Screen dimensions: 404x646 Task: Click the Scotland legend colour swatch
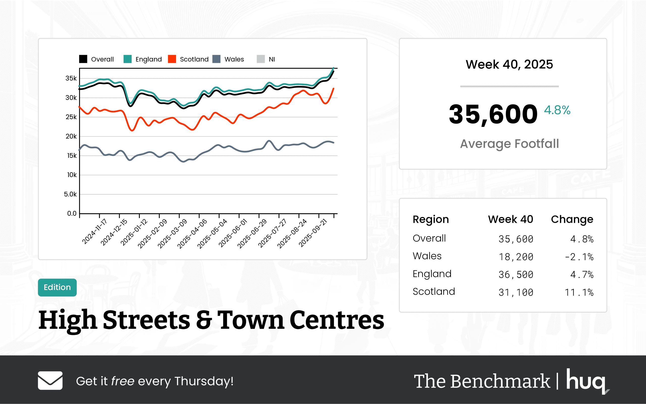[x=172, y=59]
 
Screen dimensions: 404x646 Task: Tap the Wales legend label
[x=234, y=59]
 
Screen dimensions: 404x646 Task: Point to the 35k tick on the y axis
[x=71, y=78]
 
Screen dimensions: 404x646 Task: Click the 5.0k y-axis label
[x=70, y=194]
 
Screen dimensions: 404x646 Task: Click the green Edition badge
[x=57, y=287]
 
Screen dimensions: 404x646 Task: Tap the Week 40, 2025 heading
[x=509, y=64]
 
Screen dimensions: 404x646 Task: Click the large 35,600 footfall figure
[x=493, y=114]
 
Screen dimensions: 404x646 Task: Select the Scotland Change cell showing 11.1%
[x=579, y=292]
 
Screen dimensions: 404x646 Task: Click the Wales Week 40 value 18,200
[x=516, y=257]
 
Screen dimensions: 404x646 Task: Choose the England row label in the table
[x=432, y=274]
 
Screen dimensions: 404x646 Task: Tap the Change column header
[x=572, y=219]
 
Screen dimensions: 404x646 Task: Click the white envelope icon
[x=50, y=381]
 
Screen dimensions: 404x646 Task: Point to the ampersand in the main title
[x=204, y=320]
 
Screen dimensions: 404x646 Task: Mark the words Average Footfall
[x=509, y=144]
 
